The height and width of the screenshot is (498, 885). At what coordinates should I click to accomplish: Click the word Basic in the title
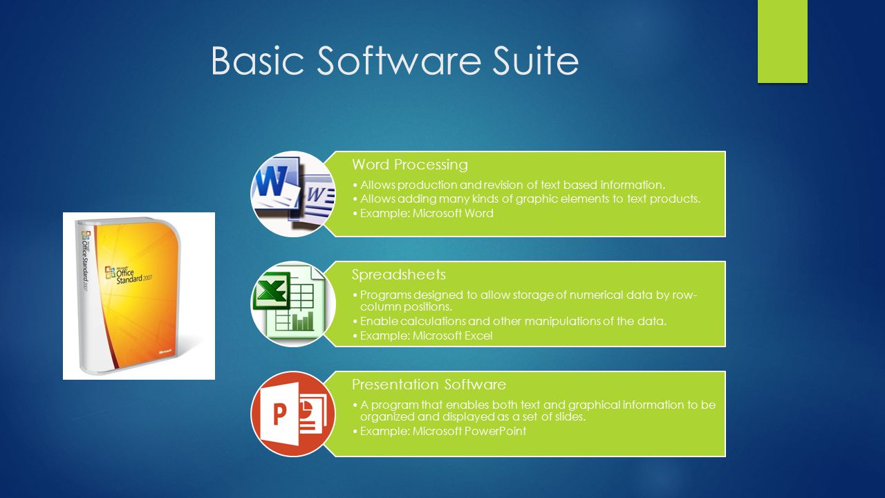tap(257, 61)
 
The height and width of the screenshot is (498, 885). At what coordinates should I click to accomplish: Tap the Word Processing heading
tap(409, 165)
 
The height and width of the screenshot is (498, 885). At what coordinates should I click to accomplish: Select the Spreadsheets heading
tap(398, 275)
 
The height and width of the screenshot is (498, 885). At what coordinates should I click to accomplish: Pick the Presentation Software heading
tap(429, 385)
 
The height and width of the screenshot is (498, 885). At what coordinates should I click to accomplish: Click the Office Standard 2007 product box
tap(138, 296)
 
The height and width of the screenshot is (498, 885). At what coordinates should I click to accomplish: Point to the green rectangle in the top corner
tap(782, 41)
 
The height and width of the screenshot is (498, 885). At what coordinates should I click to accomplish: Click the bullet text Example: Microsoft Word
tap(427, 213)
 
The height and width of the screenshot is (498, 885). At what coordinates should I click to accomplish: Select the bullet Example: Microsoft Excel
tap(427, 336)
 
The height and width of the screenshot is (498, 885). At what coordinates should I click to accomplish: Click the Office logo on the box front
tap(109, 272)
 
